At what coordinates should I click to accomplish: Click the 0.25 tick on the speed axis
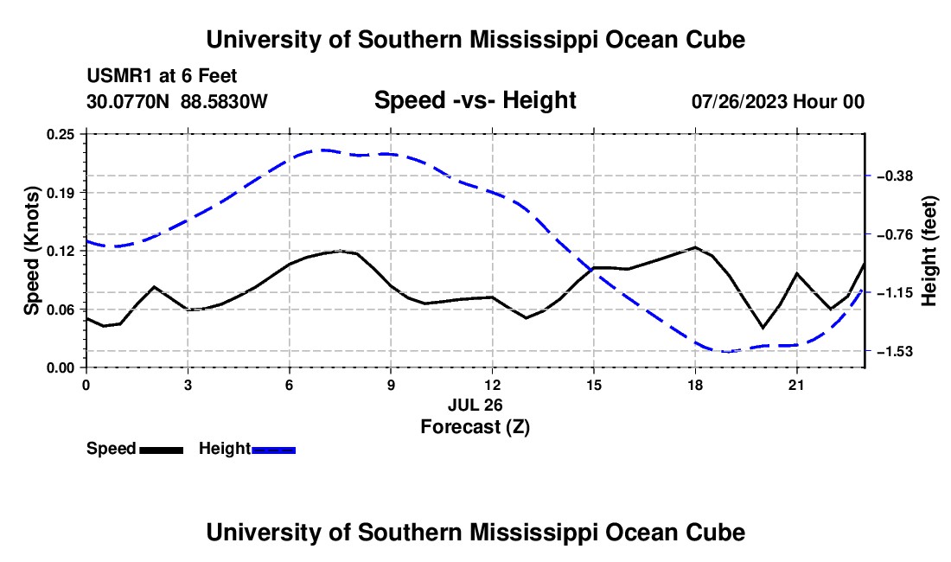(x=61, y=134)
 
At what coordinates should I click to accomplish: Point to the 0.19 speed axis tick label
(x=61, y=193)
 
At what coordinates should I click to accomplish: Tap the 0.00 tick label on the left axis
(x=61, y=368)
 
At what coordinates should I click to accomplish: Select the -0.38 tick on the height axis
(x=895, y=176)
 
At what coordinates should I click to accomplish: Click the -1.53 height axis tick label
(x=895, y=352)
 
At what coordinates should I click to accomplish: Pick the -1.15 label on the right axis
(x=895, y=293)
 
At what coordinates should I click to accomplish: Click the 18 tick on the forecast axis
(x=695, y=385)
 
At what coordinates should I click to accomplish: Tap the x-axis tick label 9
(x=391, y=385)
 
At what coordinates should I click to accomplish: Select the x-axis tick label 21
(x=796, y=385)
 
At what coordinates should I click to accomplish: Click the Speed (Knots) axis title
(x=31, y=251)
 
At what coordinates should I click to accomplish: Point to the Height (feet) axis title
(x=929, y=251)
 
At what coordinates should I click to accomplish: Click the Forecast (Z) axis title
(x=475, y=427)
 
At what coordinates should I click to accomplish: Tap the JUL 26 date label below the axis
(x=475, y=405)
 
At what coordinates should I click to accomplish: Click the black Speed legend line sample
(x=162, y=450)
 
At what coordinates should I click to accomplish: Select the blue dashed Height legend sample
(x=273, y=450)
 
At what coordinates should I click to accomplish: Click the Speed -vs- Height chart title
(x=475, y=100)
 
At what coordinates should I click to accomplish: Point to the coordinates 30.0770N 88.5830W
(x=176, y=101)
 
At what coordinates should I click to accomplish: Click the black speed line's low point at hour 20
(x=763, y=328)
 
